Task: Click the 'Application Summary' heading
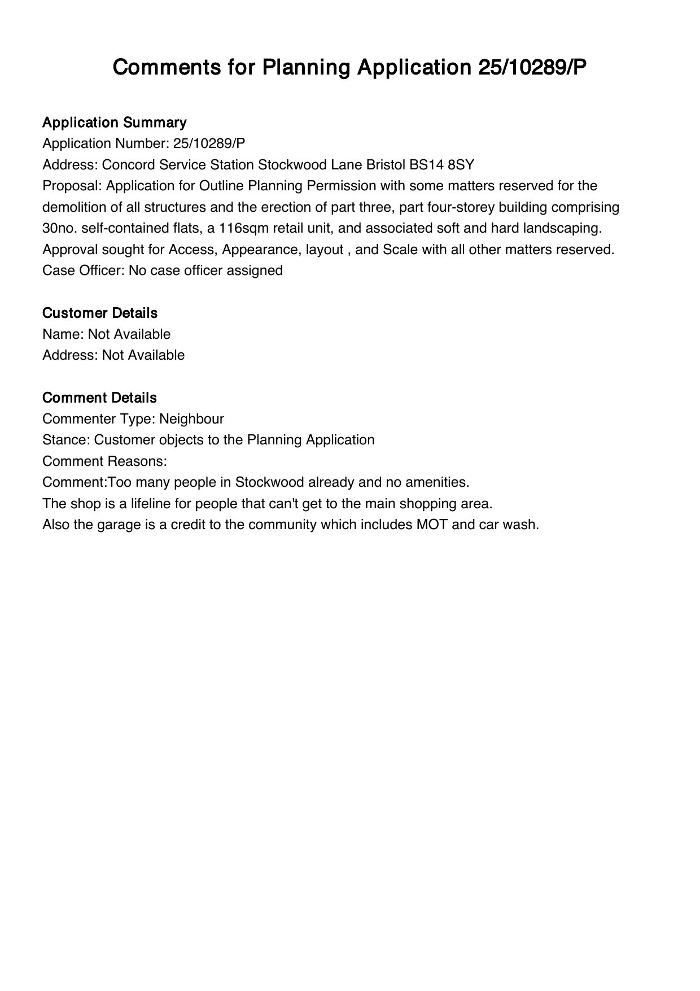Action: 114,123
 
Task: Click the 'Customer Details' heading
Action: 100,313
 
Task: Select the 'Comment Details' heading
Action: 99,398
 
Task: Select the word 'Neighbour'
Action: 191,419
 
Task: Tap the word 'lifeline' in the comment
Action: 145,504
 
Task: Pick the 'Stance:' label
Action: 66,440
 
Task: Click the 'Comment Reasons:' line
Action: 104,461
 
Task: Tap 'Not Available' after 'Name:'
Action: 129,334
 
